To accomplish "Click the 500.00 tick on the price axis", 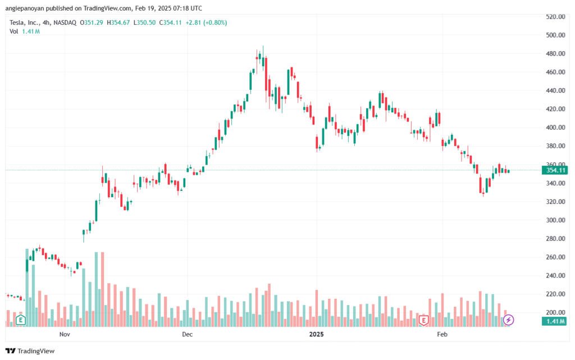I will (555, 35).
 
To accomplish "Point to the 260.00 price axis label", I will (555, 257).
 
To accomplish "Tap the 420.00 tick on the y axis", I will (555, 109).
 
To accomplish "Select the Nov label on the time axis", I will (64, 335).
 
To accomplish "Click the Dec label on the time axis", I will (187, 335).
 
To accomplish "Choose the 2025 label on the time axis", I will (317, 335).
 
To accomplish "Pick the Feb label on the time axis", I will (442, 335).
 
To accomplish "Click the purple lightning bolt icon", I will (508, 320).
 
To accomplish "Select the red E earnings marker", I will (425, 320).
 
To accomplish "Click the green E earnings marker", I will (20, 320).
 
